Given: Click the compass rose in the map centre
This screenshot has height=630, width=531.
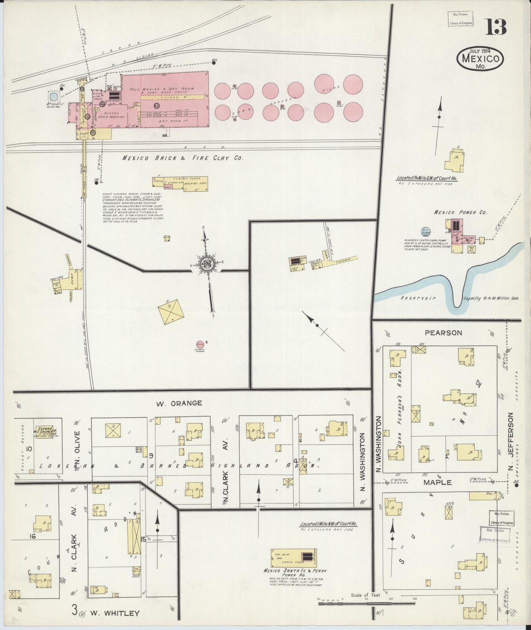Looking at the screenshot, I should coord(207,263).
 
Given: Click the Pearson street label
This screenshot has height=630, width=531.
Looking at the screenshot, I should coord(438,333).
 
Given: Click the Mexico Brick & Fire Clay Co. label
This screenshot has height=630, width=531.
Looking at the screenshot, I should coord(183,158).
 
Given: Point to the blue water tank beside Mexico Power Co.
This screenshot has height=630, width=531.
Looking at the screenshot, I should coord(426,232).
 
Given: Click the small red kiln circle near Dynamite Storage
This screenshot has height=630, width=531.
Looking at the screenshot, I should coord(200,344).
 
